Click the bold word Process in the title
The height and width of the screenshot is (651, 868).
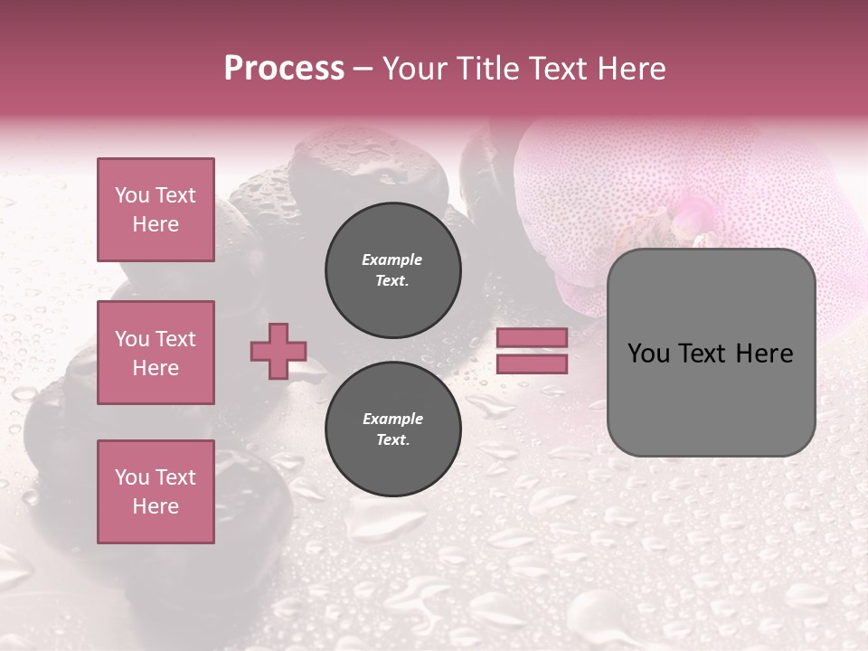tap(284, 69)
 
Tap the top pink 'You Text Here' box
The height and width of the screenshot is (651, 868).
tap(156, 210)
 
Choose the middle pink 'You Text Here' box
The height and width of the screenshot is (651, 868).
tap(156, 353)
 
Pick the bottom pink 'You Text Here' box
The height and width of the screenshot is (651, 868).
tap(156, 491)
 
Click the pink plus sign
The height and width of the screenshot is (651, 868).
tap(278, 352)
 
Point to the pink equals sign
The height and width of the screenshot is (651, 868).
tap(533, 351)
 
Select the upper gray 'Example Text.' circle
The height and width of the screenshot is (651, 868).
tap(393, 270)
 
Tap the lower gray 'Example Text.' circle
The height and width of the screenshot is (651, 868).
tap(393, 429)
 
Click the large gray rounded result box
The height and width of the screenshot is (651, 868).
tap(711, 353)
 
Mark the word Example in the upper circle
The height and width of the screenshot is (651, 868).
tap(392, 259)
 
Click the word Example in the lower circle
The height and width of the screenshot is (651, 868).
tap(392, 419)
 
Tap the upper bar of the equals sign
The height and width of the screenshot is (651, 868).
tap(533, 338)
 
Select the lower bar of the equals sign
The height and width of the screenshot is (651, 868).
tap(533, 363)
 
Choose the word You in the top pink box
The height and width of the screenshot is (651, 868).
tap(131, 195)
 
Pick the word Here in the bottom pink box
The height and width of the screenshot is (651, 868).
tap(156, 506)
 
